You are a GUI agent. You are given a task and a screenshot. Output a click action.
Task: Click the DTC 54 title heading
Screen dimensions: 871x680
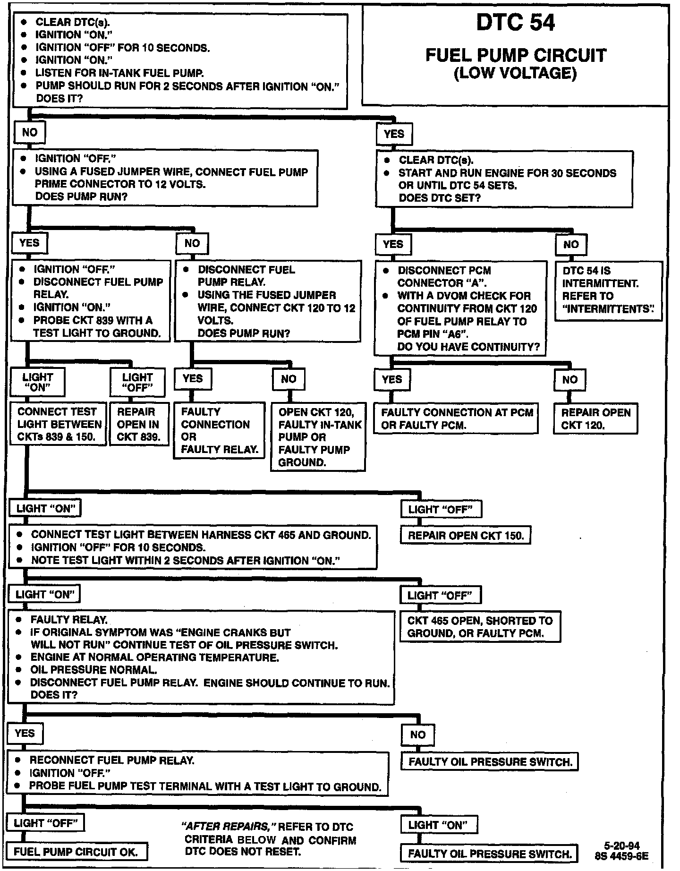515,23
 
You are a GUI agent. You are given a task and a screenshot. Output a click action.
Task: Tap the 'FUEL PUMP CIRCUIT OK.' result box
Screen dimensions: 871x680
76,852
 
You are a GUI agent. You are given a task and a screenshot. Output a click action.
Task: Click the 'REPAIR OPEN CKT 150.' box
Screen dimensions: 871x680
466,536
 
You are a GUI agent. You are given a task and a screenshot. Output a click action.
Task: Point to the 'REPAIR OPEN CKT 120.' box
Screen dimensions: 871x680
595,418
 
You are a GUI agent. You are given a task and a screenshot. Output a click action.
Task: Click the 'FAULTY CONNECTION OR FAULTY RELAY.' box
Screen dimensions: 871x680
219,430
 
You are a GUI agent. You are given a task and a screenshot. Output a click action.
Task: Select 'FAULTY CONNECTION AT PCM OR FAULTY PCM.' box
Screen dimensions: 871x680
457,418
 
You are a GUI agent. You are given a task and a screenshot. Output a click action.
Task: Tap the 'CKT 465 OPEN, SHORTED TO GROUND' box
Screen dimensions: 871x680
480,627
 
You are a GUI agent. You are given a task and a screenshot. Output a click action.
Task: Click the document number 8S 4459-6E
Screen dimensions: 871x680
621,855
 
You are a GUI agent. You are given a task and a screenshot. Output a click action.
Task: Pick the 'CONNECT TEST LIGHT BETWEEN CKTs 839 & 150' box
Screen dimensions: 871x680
58,424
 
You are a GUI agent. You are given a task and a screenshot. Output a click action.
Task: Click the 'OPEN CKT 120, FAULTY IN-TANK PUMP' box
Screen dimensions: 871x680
318,437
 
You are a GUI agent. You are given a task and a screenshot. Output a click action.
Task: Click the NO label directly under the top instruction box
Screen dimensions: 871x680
29,132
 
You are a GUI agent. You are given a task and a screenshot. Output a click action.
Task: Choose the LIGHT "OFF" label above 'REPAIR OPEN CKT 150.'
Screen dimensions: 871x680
441,510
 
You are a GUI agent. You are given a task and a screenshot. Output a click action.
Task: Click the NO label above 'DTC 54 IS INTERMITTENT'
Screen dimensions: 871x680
570,244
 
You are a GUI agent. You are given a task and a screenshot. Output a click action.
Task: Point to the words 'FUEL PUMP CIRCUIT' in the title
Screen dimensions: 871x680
515,55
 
